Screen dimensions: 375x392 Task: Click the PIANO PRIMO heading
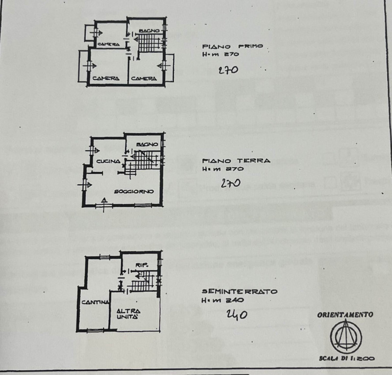pyautogui.click(x=232, y=47)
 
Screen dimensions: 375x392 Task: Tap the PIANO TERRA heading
pyautogui.click(x=236, y=160)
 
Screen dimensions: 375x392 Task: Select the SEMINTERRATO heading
pyautogui.click(x=239, y=291)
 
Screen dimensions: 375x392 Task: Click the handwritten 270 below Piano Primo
pyautogui.click(x=228, y=70)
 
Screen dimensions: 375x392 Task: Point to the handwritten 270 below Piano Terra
pyautogui.click(x=230, y=184)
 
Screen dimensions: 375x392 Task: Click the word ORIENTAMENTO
pyautogui.click(x=345, y=315)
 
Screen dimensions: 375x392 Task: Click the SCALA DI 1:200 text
pyautogui.click(x=346, y=359)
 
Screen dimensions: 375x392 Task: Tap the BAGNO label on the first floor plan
pyautogui.click(x=148, y=31)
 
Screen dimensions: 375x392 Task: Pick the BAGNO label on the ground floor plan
pyautogui.click(x=147, y=145)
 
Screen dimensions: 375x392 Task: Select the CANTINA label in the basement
pyautogui.click(x=95, y=302)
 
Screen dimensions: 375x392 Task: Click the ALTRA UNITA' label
pyautogui.click(x=129, y=314)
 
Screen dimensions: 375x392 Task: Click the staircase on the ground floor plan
pyautogui.click(x=142, y=164)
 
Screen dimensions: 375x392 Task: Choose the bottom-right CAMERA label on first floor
pyautogui.click(x=144, y=78)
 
